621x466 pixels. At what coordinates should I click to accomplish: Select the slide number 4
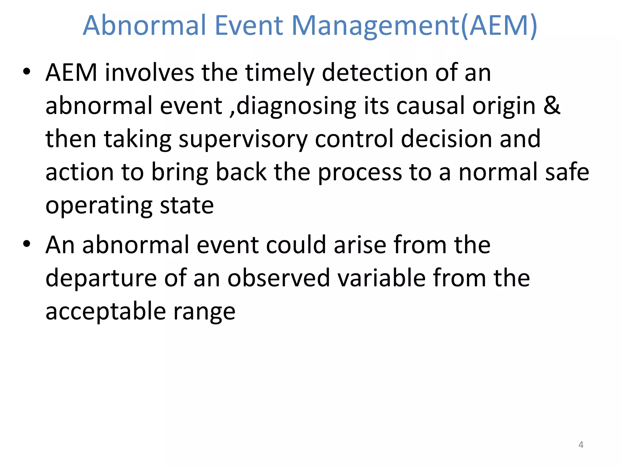click(x=581, y=445)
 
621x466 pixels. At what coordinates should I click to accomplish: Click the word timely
click(x=280, y=73)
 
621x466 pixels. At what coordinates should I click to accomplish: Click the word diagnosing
click(x=296, y=107)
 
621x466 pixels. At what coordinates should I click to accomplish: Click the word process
click(x=360, y=173)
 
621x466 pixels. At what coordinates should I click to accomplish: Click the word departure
click(x=101, y=279)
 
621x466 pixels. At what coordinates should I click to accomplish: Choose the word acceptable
click(x=106, y=312)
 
